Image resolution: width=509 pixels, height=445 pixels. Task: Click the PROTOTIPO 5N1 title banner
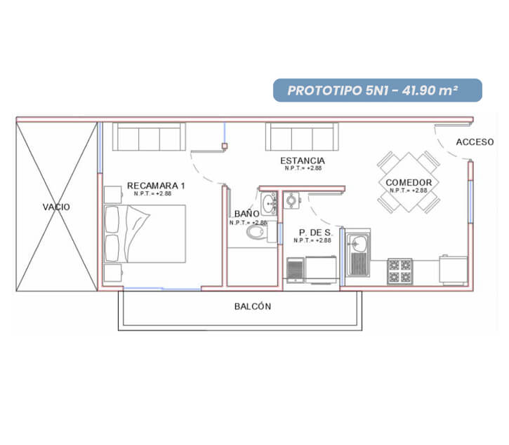(378, 90)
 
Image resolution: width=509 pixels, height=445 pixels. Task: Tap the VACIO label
(56, 207)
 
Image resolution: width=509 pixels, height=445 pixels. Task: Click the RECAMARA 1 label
(156, 186)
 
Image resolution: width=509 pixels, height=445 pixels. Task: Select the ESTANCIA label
(302, 160)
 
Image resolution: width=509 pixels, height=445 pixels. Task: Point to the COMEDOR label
(409, 182)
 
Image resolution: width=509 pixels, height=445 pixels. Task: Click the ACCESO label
(475, 142)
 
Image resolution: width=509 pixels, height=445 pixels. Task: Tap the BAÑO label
(246, 214)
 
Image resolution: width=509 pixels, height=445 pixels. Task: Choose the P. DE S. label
(315, 233)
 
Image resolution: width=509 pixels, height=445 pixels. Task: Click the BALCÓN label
(253, 306)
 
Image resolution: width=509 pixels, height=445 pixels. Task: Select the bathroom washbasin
(269, 203)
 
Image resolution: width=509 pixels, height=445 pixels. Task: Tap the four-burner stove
(400, 271)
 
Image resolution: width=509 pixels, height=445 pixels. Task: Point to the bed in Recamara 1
(145, 233)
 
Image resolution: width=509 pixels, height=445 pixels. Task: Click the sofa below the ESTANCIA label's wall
(302, 137)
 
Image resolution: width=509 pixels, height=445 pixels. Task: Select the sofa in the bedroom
(149, 137)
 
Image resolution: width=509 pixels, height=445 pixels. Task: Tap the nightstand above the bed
(113, 195)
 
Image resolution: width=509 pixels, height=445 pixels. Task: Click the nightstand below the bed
(113, 273)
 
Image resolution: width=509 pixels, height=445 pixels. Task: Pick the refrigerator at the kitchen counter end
(453, 270)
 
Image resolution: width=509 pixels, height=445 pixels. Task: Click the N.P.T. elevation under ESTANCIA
(303, 168)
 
